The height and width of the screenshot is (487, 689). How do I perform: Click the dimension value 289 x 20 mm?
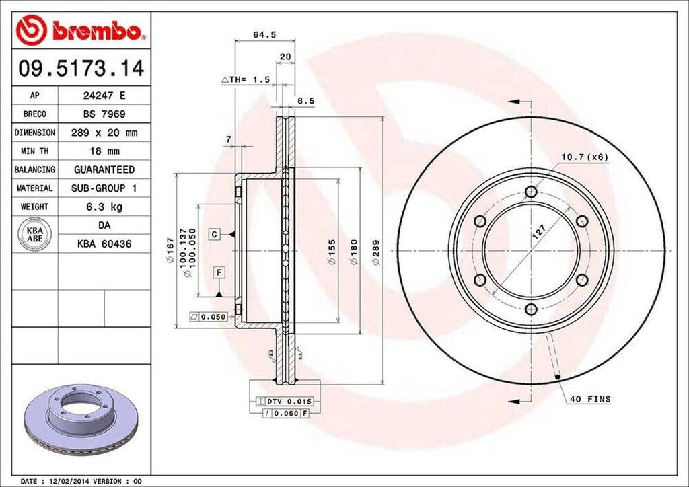[x=104, y=133]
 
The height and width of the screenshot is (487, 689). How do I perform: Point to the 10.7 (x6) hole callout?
[x=585, y=157]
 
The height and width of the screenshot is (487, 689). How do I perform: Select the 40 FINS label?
[x=590, y=399]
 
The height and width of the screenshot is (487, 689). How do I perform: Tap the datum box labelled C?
[x=214, y=234]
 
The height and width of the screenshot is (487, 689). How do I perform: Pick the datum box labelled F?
[x=219, y=272]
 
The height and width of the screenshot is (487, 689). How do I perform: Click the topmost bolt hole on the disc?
[x=531, y=192]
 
